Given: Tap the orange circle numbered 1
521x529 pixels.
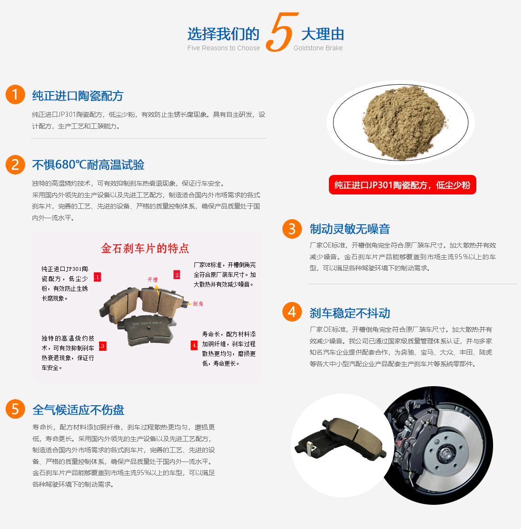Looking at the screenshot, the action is coord(15,94).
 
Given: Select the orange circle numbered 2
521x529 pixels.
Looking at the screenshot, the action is coord(15,165).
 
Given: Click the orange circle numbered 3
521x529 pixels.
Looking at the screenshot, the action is coord(292,229).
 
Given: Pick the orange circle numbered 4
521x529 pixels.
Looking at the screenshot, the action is coord(292,312).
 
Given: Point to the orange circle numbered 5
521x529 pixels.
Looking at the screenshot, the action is coord(15,409).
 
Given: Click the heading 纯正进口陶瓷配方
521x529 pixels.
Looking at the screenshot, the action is coord(78,96).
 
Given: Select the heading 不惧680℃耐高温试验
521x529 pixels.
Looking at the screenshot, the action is coord(88,165).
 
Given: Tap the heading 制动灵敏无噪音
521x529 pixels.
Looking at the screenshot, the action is coord(350,229).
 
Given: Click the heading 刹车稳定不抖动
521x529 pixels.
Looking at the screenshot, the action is coord(350,313).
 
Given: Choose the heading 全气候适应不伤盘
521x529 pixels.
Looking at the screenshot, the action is coord(78,410).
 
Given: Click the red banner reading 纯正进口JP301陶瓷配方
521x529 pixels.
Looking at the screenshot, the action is coord(402,185).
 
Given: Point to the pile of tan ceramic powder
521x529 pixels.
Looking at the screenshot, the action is coord(404,122).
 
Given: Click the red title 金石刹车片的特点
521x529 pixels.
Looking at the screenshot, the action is coord(145,248).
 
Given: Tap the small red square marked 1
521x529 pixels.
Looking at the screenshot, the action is coord(97,277).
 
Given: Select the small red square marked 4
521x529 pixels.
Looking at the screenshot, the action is coord(194,345).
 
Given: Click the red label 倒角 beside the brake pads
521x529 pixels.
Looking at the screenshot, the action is coord(198,304).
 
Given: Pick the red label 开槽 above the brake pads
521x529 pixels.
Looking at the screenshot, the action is coord(153,279).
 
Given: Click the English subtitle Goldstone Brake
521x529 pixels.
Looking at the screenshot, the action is coord(318,48).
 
